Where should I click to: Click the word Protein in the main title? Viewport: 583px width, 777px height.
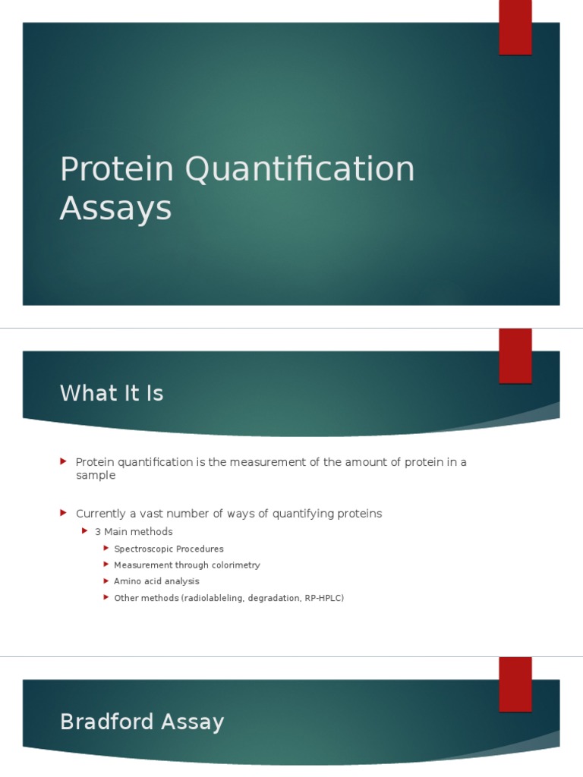[116, 169]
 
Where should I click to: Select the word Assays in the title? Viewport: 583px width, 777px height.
[115, 208]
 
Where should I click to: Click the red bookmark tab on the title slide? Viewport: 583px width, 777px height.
[515, 27]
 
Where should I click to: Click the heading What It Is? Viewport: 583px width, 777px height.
[112, 393]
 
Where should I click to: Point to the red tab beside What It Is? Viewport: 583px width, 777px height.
[515, 356]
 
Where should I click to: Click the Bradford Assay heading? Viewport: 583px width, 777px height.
[142, 722]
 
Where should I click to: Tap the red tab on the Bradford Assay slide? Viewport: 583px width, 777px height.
[515, 684]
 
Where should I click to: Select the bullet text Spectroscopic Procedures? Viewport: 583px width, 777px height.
[169, 549]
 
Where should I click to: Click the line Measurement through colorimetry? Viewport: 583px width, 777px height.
[187, 565]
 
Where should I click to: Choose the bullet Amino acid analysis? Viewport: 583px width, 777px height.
[156, 581]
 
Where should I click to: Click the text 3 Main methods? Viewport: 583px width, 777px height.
[134, 532]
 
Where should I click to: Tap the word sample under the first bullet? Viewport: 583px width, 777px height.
[96, 476]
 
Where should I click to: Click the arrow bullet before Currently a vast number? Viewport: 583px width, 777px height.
[64, 514]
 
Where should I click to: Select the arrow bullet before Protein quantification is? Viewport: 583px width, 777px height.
[64, 461]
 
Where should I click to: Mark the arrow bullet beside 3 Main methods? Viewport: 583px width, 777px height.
[85, 531]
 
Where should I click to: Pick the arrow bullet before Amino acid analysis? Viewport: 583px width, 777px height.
[106, 581]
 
